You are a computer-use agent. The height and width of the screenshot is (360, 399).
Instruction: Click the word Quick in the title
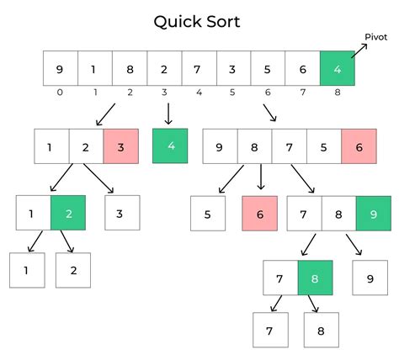point(173,21)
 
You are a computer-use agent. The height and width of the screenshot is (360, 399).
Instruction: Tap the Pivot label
point(375,37)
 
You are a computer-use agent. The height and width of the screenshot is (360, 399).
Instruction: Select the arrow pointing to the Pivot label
point(359,50)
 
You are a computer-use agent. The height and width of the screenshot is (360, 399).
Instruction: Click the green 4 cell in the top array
point(337,67)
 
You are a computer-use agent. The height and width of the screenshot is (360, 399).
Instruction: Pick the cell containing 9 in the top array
point(61,67)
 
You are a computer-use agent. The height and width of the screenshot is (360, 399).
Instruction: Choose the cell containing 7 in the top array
point(199,67)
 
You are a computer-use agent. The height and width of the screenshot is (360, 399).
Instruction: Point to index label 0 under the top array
point(61,92)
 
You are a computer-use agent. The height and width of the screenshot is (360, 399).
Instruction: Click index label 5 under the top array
point(233,92)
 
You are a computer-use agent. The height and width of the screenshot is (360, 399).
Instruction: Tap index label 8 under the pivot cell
point(337,92)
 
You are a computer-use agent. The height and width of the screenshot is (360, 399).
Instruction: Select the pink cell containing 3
point(120,146)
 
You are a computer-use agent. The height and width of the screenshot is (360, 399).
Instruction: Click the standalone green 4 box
point(170,146)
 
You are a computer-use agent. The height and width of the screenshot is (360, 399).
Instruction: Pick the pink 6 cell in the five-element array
point(359,146)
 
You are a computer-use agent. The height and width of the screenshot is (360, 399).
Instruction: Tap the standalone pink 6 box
point(259,213)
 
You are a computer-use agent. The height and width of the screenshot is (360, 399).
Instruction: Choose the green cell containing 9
point(373,213)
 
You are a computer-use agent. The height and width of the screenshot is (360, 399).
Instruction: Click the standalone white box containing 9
point(370,278)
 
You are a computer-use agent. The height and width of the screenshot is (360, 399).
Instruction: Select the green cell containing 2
point(68,213)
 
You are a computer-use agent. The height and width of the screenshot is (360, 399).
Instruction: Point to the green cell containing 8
point(316,278)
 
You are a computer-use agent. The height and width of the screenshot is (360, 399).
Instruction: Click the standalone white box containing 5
point(208,213)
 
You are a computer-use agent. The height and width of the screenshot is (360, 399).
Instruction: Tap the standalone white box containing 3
point(122,213)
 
